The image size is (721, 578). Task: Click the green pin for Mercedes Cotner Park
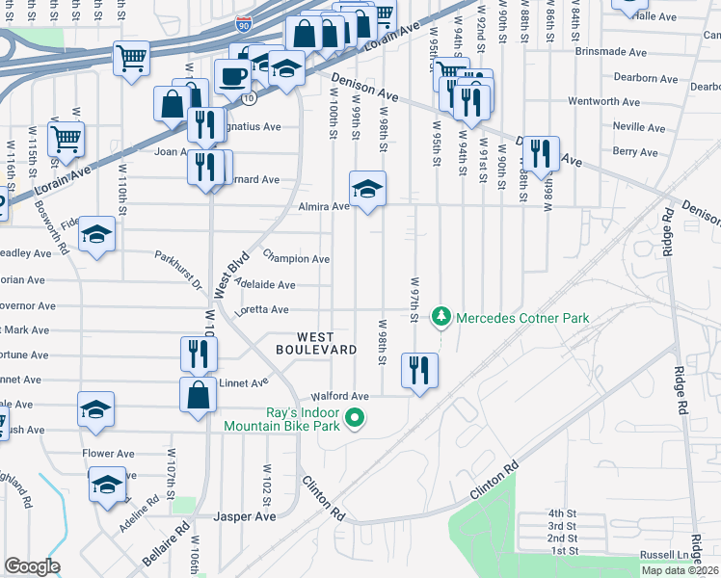(441, 317)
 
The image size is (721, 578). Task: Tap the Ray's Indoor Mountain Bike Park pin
(355, 418)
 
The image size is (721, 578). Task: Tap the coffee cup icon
(231, 77)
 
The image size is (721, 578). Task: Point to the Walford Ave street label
(339, 396)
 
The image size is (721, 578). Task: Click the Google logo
(32, 565)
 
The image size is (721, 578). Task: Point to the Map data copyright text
(680, 570)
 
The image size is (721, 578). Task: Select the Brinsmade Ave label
(610, 52)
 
